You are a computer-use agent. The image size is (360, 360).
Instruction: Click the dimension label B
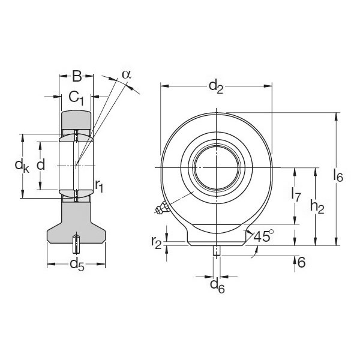77,76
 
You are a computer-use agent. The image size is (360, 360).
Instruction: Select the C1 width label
76,96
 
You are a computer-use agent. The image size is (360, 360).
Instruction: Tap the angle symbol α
126,74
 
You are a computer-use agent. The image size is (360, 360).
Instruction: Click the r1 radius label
99,187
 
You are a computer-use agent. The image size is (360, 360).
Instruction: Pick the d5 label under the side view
76,264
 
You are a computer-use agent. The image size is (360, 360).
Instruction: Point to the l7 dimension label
295,193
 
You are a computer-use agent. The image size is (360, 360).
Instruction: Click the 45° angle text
264,236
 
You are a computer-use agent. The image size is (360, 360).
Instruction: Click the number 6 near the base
301,262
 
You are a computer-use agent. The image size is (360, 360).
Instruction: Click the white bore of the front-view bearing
216,166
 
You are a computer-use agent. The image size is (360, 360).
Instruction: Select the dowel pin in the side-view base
76,244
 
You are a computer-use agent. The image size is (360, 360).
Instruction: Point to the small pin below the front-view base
216,251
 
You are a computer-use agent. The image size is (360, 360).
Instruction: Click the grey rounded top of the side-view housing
76,119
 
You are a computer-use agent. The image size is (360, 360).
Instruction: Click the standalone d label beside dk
41,164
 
